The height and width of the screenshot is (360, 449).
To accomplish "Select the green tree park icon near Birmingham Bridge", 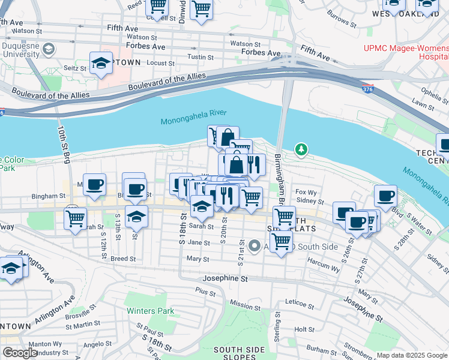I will point(301,149).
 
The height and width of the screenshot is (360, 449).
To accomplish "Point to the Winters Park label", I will point(150,311).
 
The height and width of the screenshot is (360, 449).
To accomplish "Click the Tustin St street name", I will point(196,57).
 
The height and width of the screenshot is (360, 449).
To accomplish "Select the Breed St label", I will point(123,259).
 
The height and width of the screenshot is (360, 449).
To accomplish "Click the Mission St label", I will point(246,305).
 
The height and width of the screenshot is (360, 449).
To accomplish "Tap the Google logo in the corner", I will point(20,353).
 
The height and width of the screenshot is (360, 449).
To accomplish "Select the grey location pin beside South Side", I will point(255,245).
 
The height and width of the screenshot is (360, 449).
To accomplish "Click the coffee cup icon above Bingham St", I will point(94,185).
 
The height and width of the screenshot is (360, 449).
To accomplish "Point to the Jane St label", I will point(198,243).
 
